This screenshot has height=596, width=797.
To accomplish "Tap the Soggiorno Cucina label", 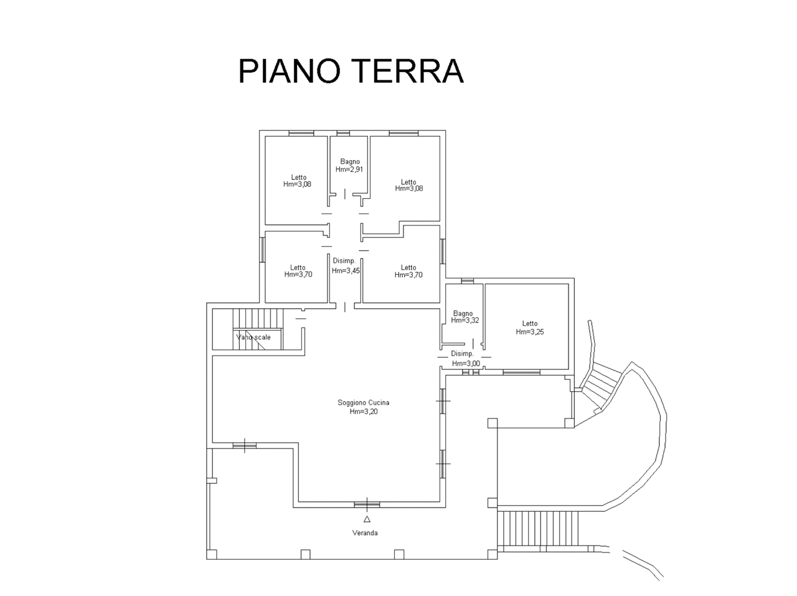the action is point(363,402).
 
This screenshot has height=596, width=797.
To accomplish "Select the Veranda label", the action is point(365,533).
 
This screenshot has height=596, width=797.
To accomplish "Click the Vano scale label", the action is point(253,337).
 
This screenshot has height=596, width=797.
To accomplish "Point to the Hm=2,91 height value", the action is point(349,169).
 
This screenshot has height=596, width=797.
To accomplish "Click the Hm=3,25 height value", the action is point(530,331).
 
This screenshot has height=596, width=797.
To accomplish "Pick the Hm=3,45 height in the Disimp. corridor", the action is point(346,270).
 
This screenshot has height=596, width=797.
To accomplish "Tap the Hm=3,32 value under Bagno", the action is point(465,320).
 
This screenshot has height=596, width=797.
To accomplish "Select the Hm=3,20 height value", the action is point(364,412).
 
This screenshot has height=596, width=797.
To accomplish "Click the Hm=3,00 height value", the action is point(466,363).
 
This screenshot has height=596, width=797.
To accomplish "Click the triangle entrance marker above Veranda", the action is point(367,519).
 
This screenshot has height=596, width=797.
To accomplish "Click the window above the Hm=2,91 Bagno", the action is point(343,133).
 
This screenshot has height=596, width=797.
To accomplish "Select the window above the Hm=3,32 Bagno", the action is point(468,281).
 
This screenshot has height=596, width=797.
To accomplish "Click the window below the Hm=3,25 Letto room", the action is point(521,372).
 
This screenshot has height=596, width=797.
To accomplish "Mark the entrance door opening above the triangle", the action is point(367,504).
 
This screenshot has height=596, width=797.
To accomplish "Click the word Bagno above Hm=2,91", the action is point(350,161).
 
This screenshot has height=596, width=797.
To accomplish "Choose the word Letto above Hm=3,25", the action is point(530,323).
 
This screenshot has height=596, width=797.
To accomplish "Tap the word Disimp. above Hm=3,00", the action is point(462,353).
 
